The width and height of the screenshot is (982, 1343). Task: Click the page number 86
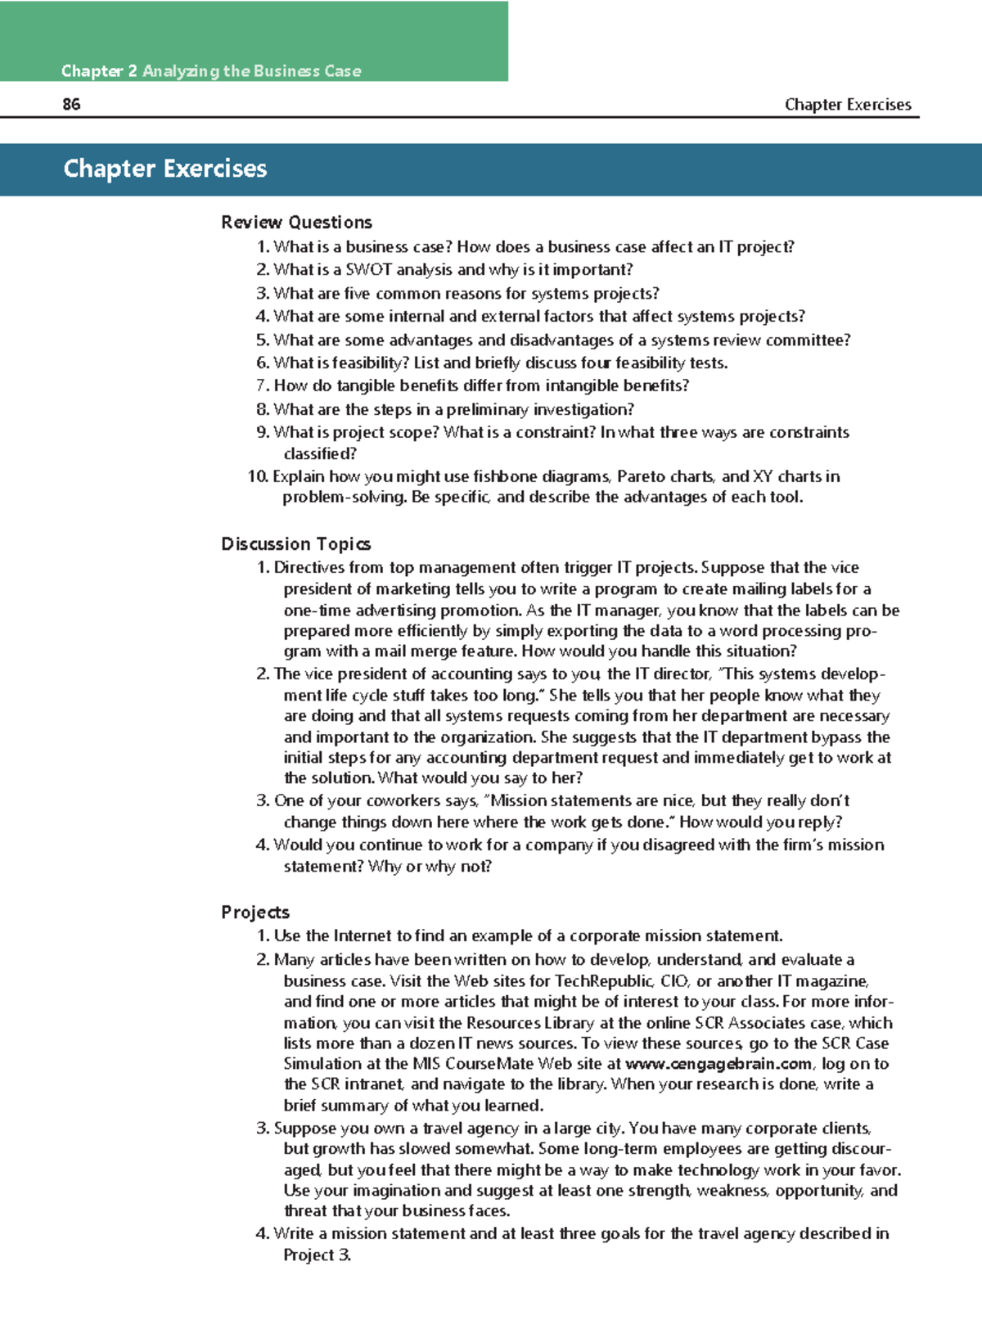click(x=71, y=104)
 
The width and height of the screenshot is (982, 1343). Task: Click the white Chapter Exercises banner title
click(x=165, y=169)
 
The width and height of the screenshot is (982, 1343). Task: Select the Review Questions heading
click(x=296, y=223)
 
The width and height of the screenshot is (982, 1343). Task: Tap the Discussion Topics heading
click(x=295, y=544)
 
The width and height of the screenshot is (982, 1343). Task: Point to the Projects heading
click(x=255, y=913)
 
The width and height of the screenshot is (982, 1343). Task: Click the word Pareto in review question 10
click(x=642, y=476)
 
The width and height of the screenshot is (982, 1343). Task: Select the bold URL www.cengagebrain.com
click(x=718, y=1064)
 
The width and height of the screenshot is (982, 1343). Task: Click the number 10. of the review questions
click(x=258, y=476)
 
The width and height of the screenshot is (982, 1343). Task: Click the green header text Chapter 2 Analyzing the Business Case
click(x=211, y=71)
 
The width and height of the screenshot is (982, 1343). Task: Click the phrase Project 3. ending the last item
click(x=318, y=1255)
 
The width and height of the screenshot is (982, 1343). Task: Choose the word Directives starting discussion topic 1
click(x=309, y=568)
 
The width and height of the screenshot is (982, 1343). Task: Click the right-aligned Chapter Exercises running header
click(x=848, y=105)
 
